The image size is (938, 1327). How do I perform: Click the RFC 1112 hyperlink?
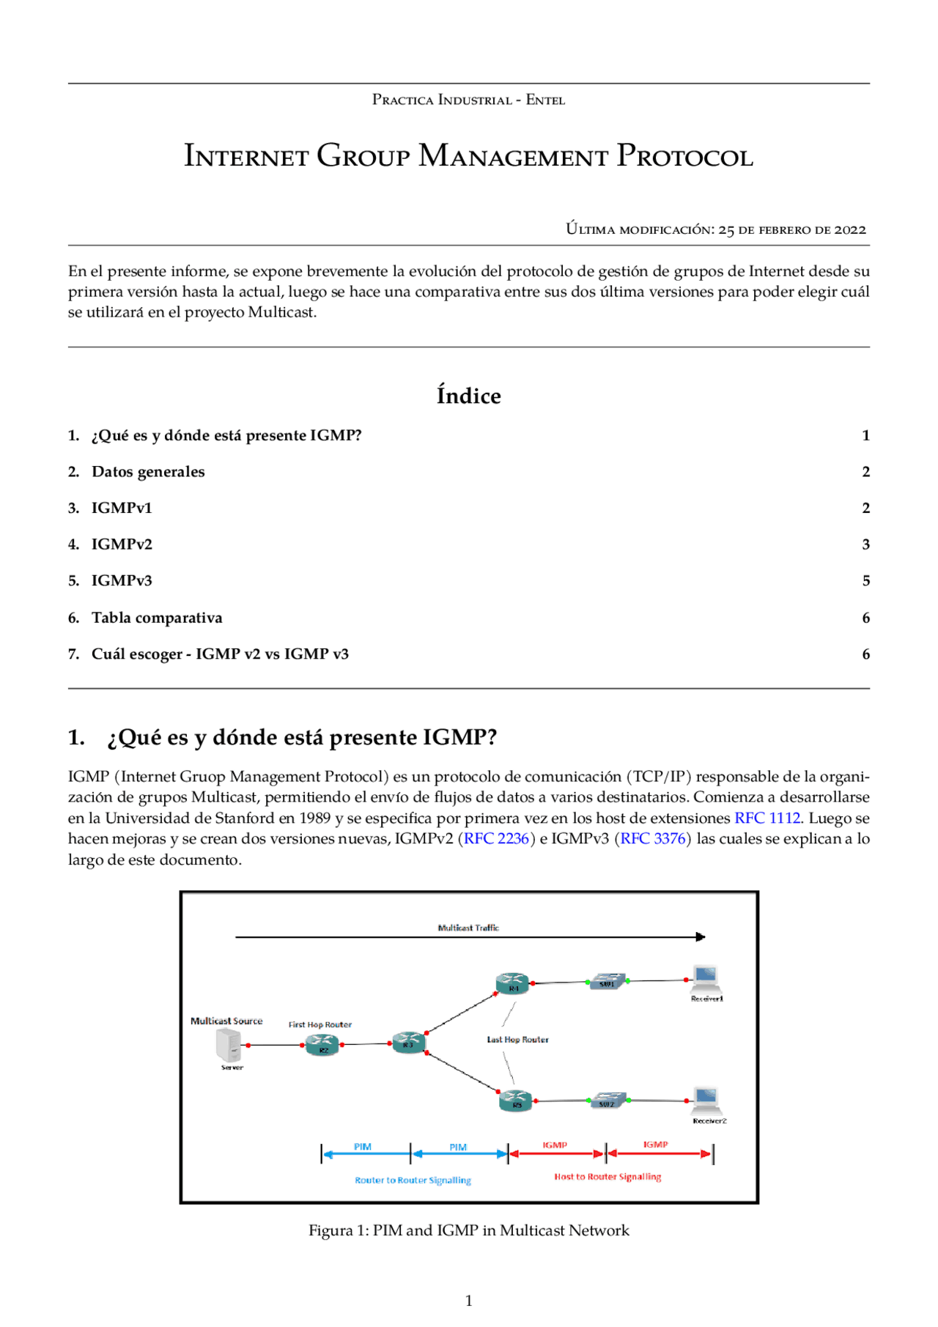pos(767,818)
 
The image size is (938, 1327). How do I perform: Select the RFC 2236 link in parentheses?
pos(496,838)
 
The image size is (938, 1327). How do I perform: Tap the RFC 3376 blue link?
pos(653,838)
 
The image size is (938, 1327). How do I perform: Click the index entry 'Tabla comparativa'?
pos(157,618)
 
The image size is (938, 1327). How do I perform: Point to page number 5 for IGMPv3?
pos(865,581)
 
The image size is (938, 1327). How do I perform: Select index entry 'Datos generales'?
pos(148,472)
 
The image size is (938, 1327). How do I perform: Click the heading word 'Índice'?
pos(468,396)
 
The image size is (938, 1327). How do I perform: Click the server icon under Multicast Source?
pos(229,1045)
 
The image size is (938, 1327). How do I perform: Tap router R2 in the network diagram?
pos(322,1046)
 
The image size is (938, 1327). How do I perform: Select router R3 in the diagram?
pos(408,1042)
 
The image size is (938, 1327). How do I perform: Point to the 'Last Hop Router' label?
pos(517,1039)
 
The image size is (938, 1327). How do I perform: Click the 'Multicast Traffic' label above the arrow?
pos(468,928)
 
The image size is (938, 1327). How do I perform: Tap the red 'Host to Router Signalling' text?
pos(608,1177)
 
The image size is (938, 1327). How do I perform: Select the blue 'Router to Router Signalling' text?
pos(413,1180)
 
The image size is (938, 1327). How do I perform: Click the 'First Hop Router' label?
pos(320,1024)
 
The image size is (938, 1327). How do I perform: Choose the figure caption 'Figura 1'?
pos(468,1230)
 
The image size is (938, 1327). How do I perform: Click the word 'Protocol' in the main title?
pos(684,156)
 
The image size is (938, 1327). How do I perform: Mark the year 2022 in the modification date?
pos(850,229)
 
